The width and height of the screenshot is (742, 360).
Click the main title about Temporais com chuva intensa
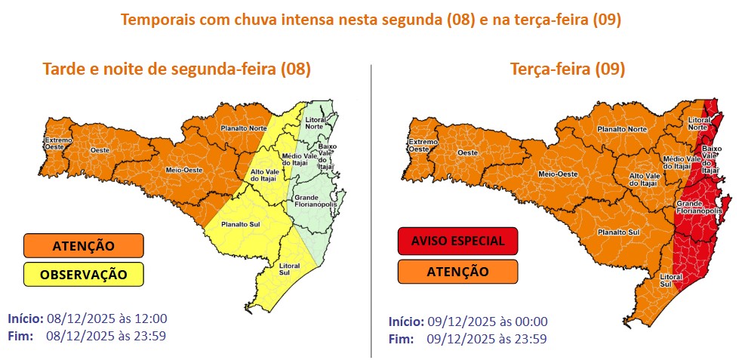pos(371,20)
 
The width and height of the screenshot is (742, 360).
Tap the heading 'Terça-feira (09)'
pos(567,69)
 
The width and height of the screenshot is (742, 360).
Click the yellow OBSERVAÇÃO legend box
pos(84,273)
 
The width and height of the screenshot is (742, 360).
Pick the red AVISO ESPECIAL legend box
pos(457,241)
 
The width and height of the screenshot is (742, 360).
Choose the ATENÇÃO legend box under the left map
pos(84,245)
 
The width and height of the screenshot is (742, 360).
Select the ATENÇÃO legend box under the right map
pos(457,271)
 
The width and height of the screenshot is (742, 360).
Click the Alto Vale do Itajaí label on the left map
pos(263,176)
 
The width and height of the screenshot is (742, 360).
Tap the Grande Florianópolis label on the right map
pos(698,208)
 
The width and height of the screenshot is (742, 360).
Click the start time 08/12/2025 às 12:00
pos(106,318)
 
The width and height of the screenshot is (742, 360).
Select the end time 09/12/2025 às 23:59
pos(487,338)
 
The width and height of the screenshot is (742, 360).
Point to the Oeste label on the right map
pos(467,153)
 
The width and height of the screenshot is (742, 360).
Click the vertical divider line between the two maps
pos(371,211)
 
